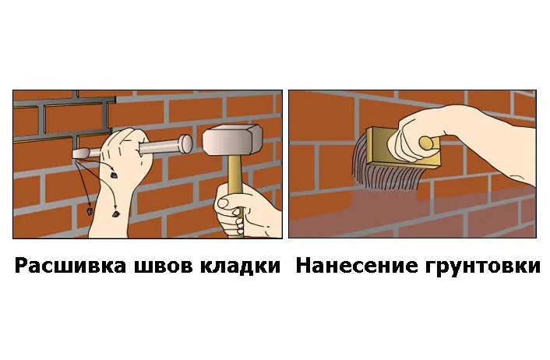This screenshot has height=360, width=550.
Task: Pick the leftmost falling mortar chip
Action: (90, 209)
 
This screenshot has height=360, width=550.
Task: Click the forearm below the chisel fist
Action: (109, 210)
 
